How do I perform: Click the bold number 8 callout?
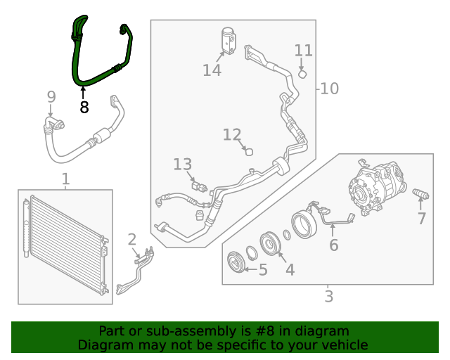click(84, 108)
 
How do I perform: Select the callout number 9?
click(51, 97)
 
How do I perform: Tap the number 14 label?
click(212, 70)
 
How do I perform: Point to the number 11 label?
click(303, 51)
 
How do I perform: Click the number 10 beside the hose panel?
click(330, 89)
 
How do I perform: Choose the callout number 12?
click(232, 134)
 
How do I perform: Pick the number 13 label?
click(183, 165)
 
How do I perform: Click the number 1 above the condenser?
click(65, 179)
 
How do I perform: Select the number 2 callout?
click(131, 240)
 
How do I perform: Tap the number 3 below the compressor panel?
click(329, 296)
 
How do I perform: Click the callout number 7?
click(421, 219)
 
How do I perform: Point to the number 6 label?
click(333, 245)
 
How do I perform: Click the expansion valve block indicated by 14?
click(229, 41)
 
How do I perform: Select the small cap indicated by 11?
click(303, 75)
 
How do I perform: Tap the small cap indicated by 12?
click(249, 152)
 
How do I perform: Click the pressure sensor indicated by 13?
click(199, 187)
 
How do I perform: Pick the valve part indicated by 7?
click(420, 194)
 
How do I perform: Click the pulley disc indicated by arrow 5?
click(236, 262)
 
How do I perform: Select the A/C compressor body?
click(377, 187)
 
